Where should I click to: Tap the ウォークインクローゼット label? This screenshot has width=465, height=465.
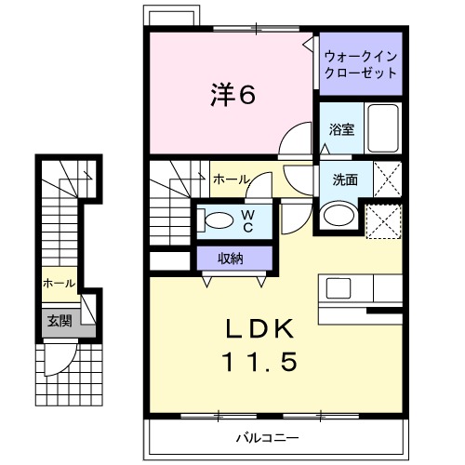[361, 63]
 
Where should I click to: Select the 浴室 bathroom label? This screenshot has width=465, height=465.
[341, 129]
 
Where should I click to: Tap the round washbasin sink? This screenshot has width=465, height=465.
[337, 217]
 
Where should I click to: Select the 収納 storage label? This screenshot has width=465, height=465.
[232, 259]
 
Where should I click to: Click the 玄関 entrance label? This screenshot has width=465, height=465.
[60, 321]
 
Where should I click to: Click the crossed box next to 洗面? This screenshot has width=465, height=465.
[385, 176]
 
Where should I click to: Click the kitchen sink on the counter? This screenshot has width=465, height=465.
[337, 286]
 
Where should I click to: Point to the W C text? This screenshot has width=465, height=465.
[248, 219]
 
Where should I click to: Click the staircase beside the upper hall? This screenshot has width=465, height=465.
[172, 205]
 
